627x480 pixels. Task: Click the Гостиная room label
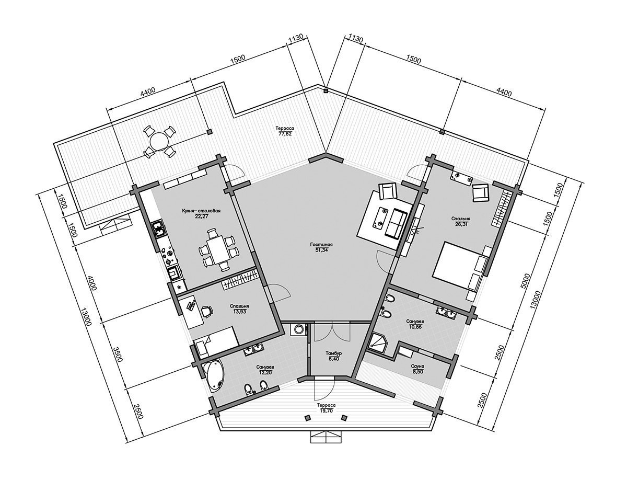pos(321,245)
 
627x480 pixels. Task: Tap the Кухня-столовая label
pos(201,211)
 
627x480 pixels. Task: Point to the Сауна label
pos(417,366)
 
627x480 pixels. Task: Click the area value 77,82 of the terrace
pos(285,133)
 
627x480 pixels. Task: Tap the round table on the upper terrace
pos(159,141)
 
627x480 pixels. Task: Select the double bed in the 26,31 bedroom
pos(458,266)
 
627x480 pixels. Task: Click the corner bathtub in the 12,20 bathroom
pos(214,375)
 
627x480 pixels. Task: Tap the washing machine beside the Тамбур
pos(298,329)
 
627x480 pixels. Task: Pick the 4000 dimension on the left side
pos(93,283)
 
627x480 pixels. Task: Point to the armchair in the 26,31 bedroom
pos(481,193)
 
